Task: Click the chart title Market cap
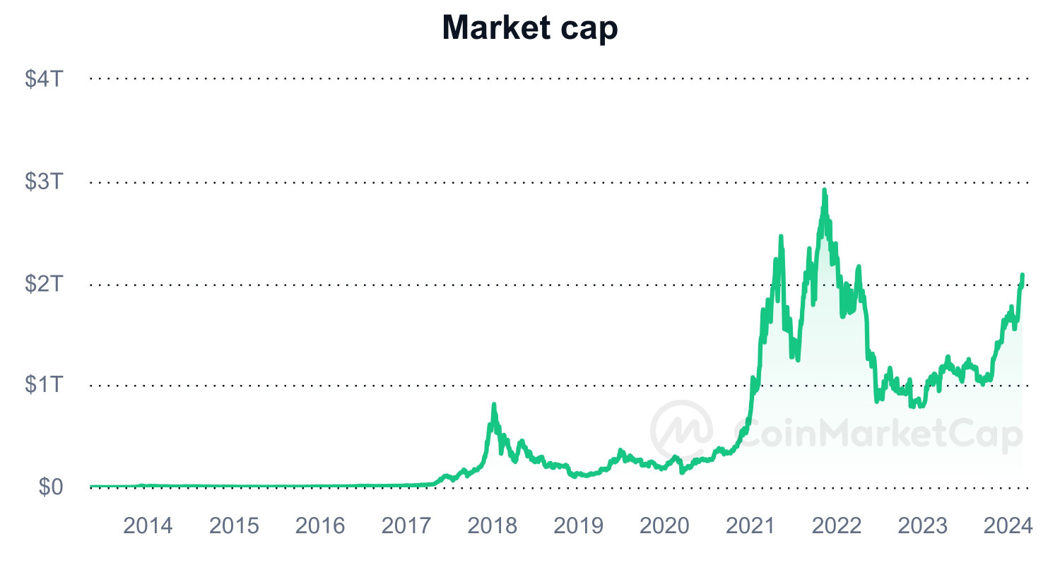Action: pos(530,28)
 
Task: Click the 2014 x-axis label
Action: pos(148,526)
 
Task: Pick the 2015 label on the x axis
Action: pos(235,526)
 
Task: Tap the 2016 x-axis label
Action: pos(320,526)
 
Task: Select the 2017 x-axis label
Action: pos(406,526)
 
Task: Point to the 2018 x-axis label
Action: pos(493,526)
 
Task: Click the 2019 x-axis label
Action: pos(579,526)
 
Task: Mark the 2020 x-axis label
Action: pos(665,526)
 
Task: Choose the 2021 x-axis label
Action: pos(751,526)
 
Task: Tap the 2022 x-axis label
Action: pos(837,526)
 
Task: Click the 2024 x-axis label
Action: pos(1008,526)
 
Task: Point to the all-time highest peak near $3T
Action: pos(824,191)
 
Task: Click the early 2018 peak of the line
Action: pos(493,405)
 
